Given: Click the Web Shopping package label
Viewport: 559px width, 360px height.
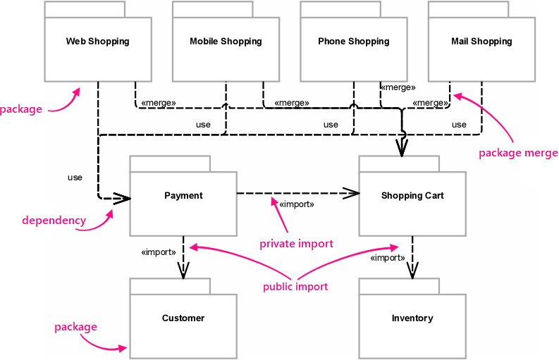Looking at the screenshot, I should point(97,42).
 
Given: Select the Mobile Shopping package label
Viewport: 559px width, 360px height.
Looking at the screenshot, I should point(226,42).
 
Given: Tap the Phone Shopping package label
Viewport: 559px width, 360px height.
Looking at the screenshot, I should point(353,42).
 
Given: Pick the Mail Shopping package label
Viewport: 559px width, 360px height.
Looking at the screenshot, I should point(481,42).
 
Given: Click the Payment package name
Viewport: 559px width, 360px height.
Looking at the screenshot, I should point(183,196).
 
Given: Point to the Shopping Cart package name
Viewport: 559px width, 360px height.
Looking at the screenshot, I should point(412,196).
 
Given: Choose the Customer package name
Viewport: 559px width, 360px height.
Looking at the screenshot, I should point(183,318).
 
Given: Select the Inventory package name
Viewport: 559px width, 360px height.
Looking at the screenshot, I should point(412,318).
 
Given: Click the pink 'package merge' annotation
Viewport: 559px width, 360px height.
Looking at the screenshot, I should point(518,153).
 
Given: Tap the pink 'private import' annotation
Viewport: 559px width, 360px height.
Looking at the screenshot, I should point(296,244).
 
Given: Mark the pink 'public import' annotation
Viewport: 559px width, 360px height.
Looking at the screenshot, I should point(295,287).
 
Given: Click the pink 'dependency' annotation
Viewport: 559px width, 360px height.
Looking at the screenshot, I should point(54,221).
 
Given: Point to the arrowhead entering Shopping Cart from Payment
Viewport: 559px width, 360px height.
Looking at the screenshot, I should point(351,192).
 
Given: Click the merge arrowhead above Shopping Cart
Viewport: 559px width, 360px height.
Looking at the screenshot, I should point(402,147).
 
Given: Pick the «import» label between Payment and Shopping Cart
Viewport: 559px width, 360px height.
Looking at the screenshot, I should point(297,205).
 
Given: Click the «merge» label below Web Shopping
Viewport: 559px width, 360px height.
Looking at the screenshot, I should point(159,103).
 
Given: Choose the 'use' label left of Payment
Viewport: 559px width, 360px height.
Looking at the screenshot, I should point(75,178).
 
